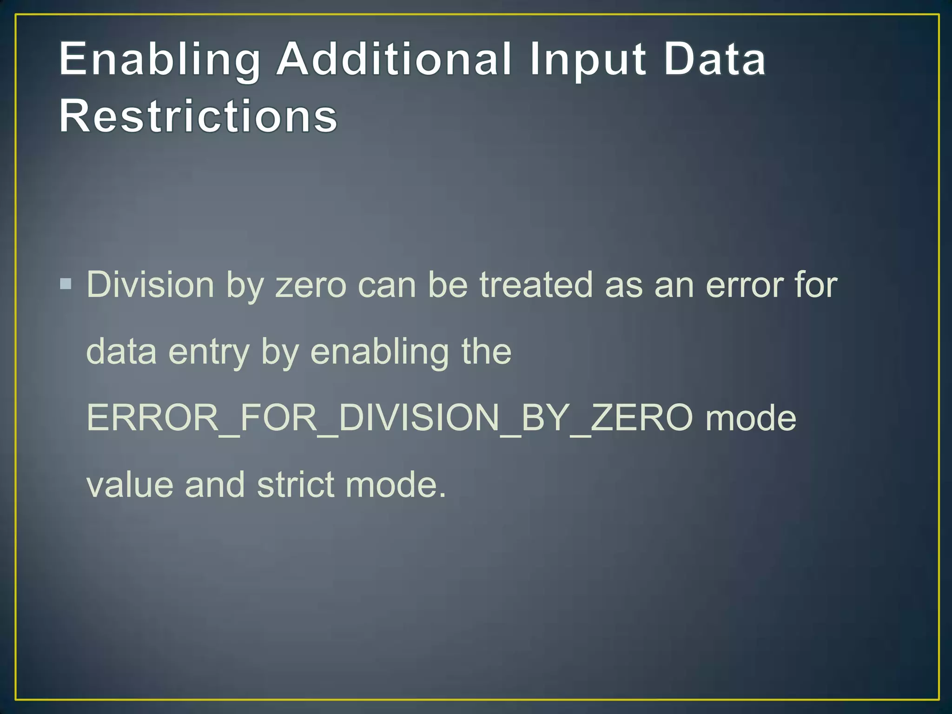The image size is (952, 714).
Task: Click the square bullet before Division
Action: pos(66,284)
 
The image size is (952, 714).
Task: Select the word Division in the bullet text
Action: pos(150,284)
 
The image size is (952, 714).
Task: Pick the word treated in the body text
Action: pos(536,284)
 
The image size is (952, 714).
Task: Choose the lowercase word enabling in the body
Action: pos(379,352)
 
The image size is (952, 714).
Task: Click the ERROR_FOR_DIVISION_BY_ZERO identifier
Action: pos(390,418)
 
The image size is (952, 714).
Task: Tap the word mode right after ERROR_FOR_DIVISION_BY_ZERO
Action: pos(751,418)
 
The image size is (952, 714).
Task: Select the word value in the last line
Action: pos(130,485)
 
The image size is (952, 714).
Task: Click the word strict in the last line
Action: pos(296,485)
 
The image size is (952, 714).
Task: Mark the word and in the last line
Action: pos(215,485)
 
